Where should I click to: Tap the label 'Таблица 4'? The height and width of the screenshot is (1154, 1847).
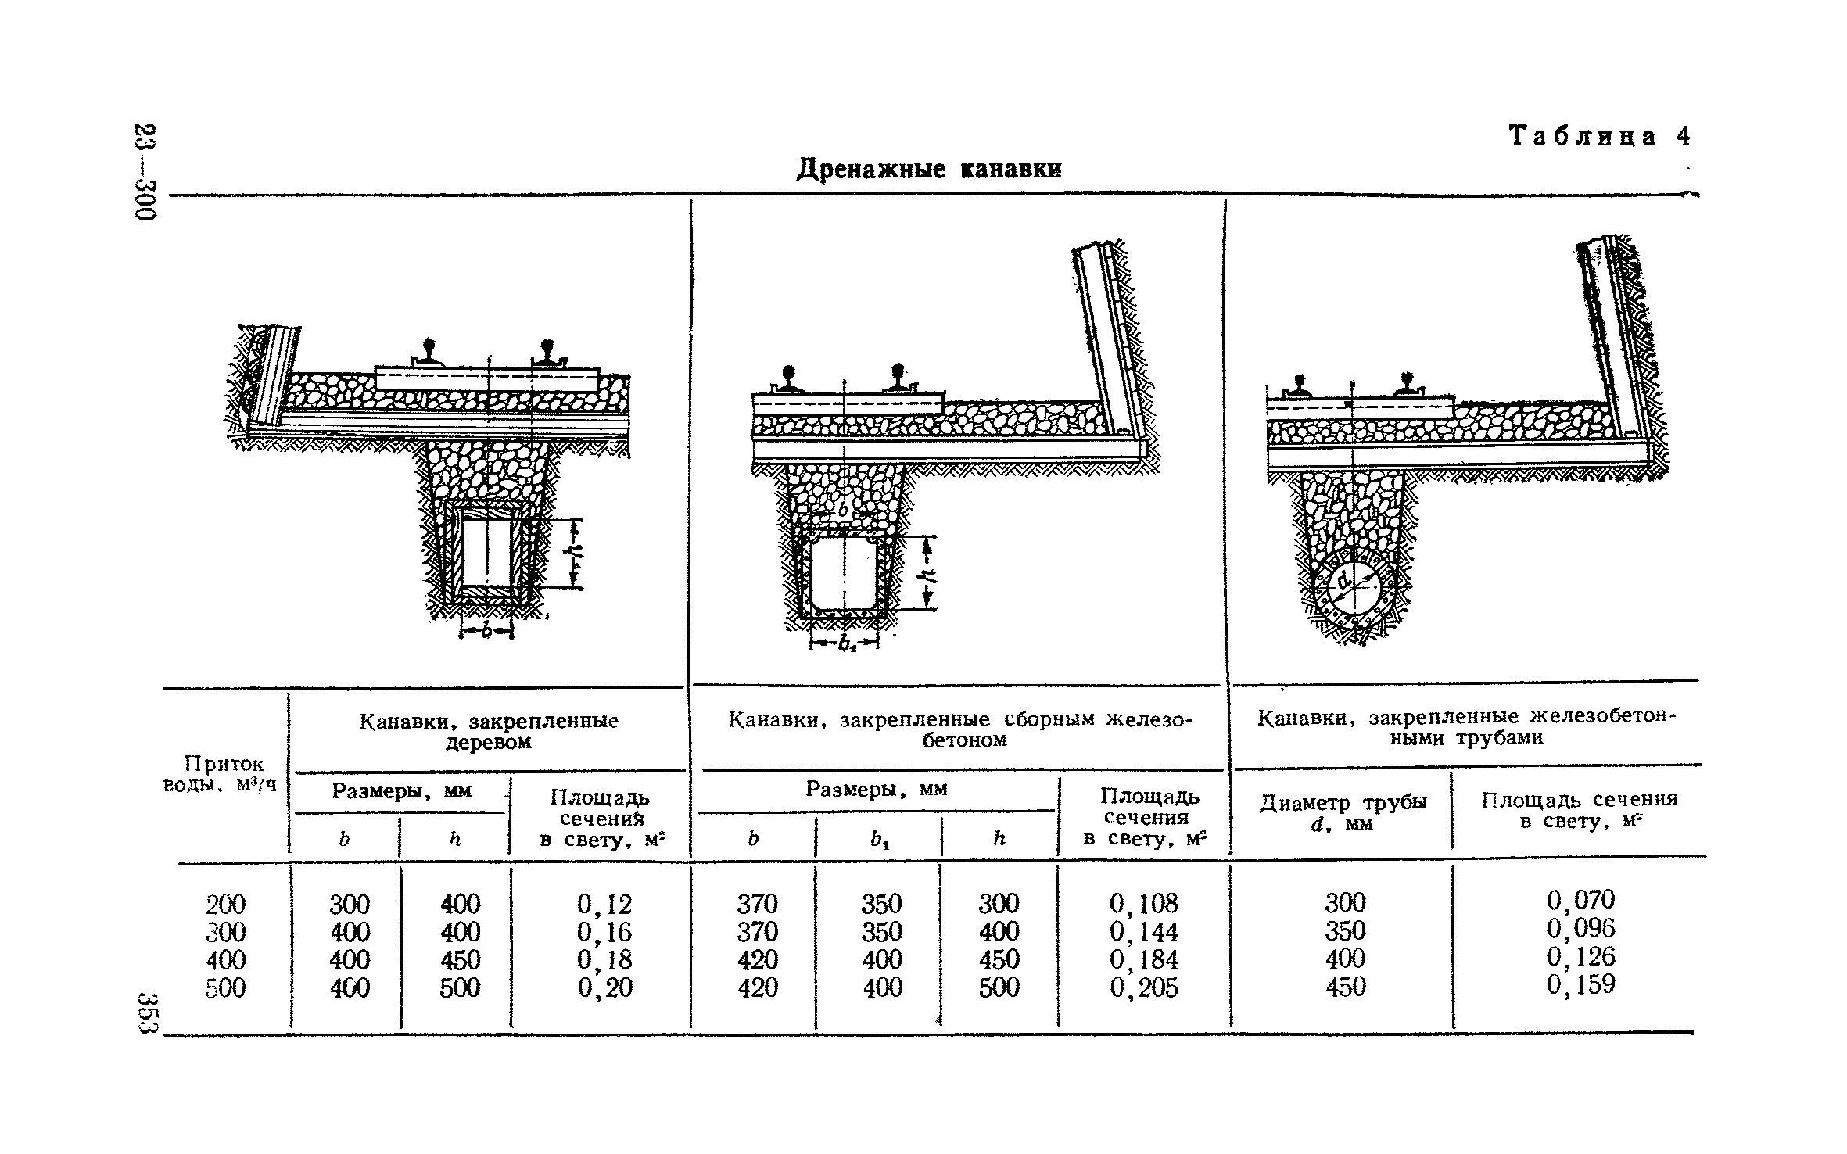(x=1599, y=137)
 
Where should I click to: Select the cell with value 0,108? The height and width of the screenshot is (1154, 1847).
(x=1143, y=904)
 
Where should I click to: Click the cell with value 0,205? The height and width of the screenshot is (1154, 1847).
(x=1143, y=988)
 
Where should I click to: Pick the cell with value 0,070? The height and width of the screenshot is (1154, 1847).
(x=1580, y=900)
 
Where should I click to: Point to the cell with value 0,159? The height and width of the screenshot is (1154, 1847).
(x=1580, y=984)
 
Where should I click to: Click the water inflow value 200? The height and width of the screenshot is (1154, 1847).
(x=225, y=905)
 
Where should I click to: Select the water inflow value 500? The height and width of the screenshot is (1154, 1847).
(x=225, y=988)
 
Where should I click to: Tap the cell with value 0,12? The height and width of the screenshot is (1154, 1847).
(x=604, y=905)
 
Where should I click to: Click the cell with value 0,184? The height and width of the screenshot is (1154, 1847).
(x=1143, y=960)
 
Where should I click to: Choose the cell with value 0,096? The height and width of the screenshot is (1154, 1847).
(x=1580, y=928)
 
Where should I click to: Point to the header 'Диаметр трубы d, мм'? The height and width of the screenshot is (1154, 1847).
(x=1343, y=813)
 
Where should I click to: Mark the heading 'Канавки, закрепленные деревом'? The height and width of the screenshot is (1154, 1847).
(x=489, y=731)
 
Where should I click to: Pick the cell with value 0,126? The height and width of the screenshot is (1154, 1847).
(x=1580, y=956)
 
